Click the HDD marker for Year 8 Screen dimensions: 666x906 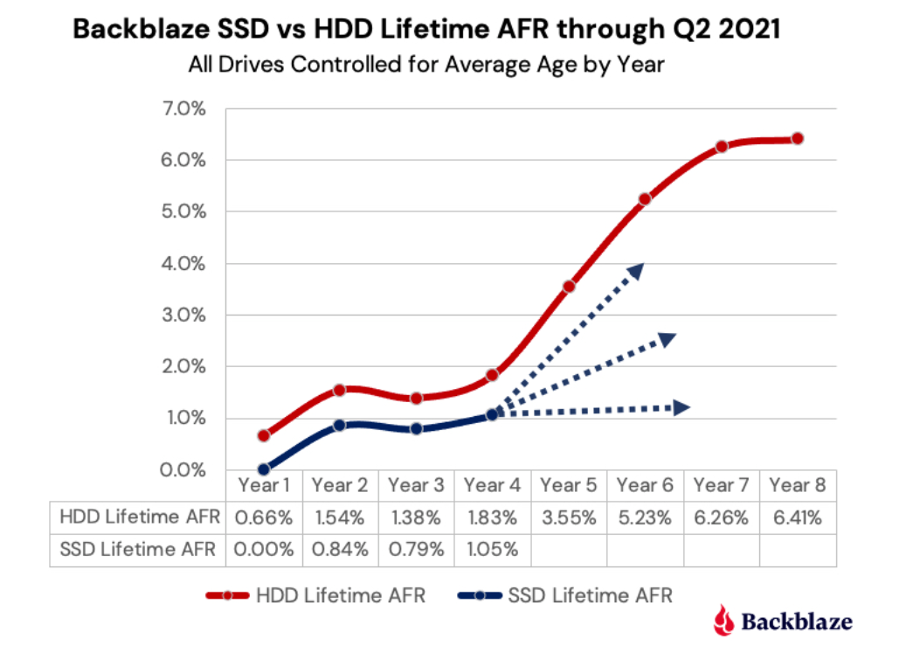pos(797,138)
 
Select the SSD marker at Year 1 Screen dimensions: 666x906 pos(263,469)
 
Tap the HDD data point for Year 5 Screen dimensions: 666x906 pos(569,286)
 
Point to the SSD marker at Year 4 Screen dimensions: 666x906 pos(492,414)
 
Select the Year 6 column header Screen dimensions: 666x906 pos(645,484)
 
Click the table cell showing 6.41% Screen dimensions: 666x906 pos(797,517)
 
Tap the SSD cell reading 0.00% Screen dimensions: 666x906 pos(263,550)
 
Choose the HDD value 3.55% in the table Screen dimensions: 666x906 pos(569,517)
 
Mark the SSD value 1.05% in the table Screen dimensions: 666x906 pos(492,550)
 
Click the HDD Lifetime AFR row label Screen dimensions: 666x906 pos(137,517)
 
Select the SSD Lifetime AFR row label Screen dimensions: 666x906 pos(138,550)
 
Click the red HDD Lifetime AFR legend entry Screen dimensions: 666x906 pos(315,596)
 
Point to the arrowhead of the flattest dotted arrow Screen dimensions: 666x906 pos(682,406)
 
